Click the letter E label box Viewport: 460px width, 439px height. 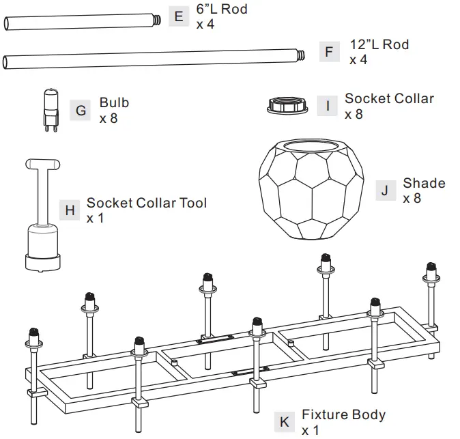pyautogui.click(x=179, y=16)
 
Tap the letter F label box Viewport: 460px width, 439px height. pyautogui.click(x=330, y=52)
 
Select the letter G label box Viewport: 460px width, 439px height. pyautogui.click(x=81, y=110)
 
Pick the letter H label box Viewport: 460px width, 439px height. pyautogui.click(x=70, y=210)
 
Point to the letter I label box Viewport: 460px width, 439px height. pyautogui.click(x=328, y=106)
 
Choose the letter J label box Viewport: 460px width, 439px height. pyautogui.click(x=385, y=190)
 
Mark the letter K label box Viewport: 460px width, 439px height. pyautogui.click(x=284, y=422)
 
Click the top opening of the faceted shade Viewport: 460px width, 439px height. pyautogui.click(x=305, y=145)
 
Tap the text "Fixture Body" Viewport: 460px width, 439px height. pyautogui.click(x=343, y=414)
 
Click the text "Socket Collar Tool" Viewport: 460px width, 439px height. pyautogui.click(x=146, y=203)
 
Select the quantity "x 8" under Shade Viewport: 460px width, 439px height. pyautogui.click(x=412, y=199)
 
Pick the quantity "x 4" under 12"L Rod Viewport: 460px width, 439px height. pyautogui.click(x=358, y=60)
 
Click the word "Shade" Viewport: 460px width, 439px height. pyautogui.click(x=424, y=183)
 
